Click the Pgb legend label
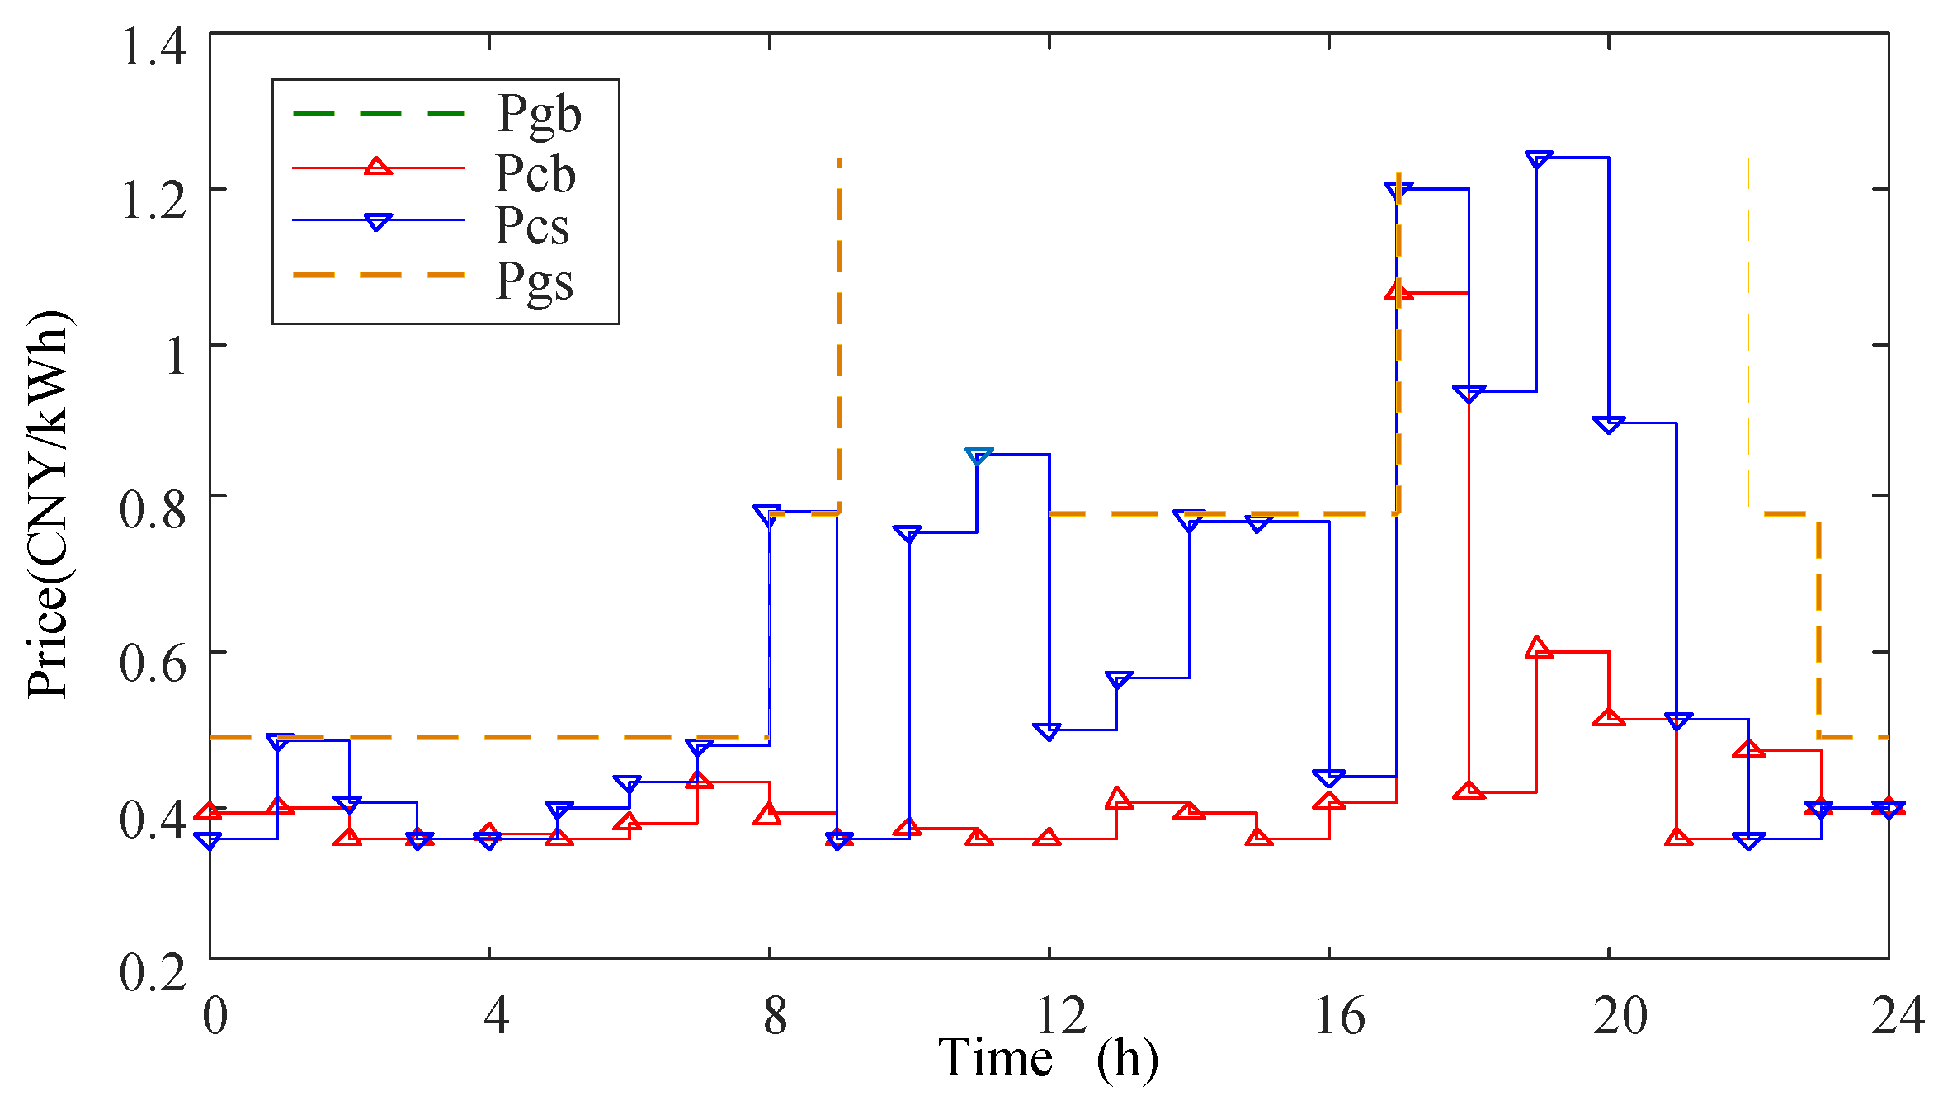pyautogui.click(x=539, y=114)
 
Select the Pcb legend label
pyautogui.click(x=535, y=173)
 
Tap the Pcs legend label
pyautogui.click(x=532, y=224)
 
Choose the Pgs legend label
pyautogui.click(x=534, y=281)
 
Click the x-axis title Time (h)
pyautogui.click(x=1048, y=1058)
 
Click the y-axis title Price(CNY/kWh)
pyautogui.click(x=47, y=505)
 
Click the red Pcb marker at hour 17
pyautogui.click(x=1399, y=291)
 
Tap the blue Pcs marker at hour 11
pyautogui.click(x=979, y=456)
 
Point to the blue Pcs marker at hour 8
pyautogui.click(x=768, y=513)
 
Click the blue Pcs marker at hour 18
pyautogui.click(x=1469, y=393)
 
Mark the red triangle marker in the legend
pyautogui.click(x=378, y=167)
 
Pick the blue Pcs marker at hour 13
pyautogui.click(x=1119, y=680)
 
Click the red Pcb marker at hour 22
pyautogui.click(x=1748, y=749)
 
